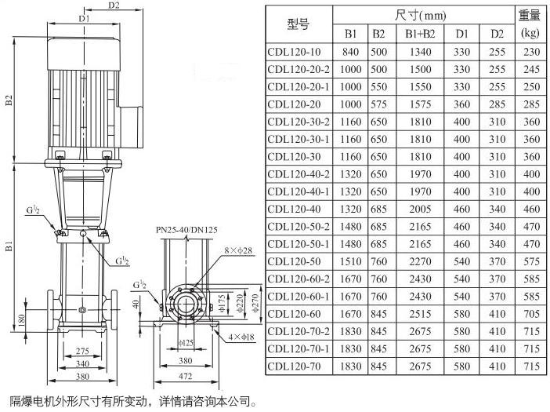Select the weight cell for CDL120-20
pos(531,104)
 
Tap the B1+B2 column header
pos(420,34)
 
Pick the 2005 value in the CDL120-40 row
pos(420,210)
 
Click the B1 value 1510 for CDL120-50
pos(350,261)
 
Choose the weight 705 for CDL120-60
pos(531,314)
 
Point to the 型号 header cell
pos(299,24)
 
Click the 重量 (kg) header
pos(530,24)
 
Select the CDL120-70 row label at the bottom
pos(294,366)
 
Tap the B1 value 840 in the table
pos(350,52)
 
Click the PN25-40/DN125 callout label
pos(186,230)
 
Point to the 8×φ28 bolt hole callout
pos(238,251)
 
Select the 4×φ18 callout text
pos(241,337)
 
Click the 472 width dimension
pos(185,377)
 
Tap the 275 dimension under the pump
pos(82,351)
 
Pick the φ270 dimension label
pos(255,303)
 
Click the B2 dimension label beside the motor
pos(9,100)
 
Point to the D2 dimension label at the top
pos(114,5)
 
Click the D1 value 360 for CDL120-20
pos(461,104)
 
